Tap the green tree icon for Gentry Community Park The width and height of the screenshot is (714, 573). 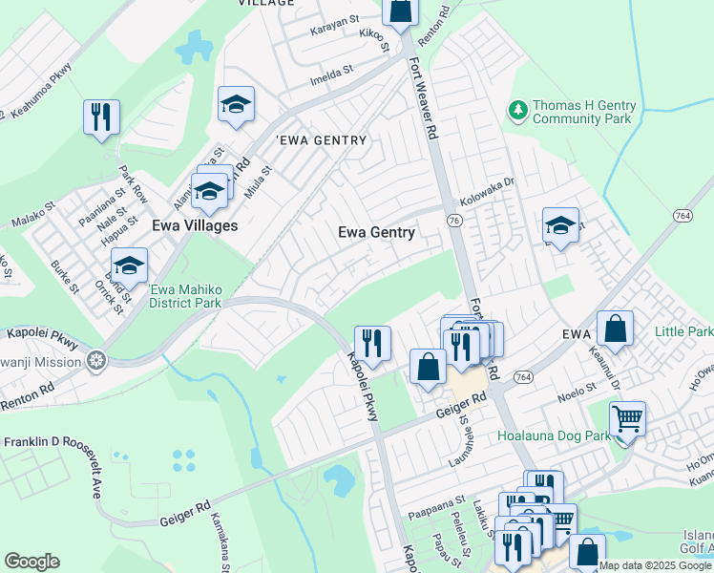[518, 111]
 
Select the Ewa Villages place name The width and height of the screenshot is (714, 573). [195, 225]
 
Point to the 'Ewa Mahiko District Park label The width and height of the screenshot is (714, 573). [185, 296]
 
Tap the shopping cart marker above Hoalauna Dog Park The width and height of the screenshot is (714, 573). [627, 418]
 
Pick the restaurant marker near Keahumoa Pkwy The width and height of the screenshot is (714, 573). [101, 117]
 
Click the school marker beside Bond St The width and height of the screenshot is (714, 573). [129, 265]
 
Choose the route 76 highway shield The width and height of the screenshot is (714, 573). [454, 220]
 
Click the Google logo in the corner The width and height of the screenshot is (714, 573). [31, 562]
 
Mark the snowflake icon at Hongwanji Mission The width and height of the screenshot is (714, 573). [94, 361]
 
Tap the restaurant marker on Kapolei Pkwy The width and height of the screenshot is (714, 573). [372, 343]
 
